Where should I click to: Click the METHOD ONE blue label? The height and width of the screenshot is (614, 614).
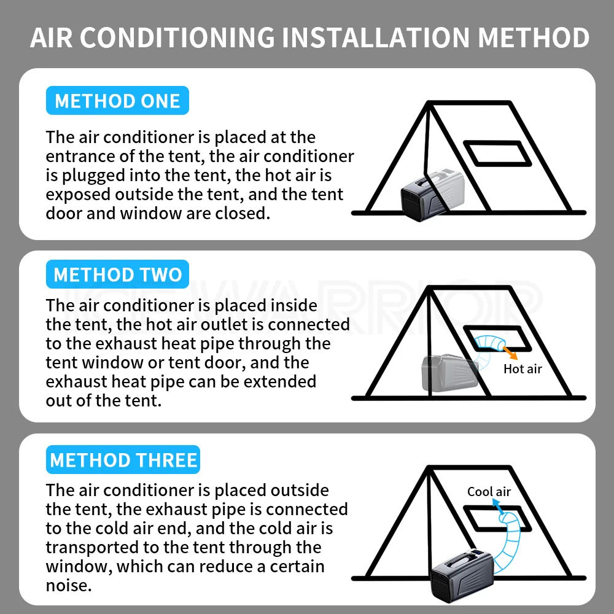(x=117, y=101)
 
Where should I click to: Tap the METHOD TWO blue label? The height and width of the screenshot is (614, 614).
(x=117, y=274)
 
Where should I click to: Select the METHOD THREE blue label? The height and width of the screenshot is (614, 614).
(x=123, y=460)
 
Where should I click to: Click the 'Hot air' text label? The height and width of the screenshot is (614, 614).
(x=523, y=369)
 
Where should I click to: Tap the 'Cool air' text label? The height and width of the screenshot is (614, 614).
(x=489, y=491)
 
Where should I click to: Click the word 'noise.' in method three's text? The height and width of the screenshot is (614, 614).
(x=69, y=585)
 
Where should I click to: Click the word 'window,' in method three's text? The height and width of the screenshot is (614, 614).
(x=79, y=565)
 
